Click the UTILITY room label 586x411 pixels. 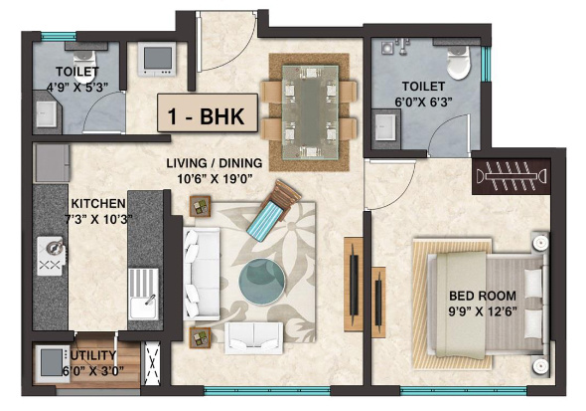pos(92,355)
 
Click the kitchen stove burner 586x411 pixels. pos(49,257)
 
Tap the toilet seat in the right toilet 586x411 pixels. pos(458,66)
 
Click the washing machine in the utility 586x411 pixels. pos(49,366)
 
